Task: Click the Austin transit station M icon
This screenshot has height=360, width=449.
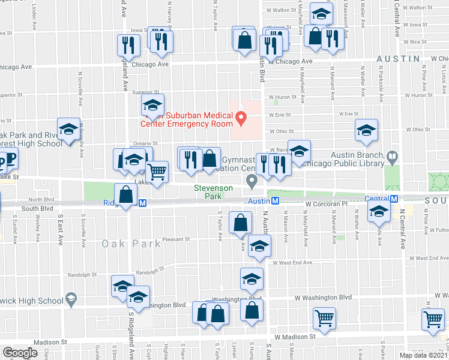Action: click(274, 201)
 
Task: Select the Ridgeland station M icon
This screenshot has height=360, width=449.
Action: click(143, 203)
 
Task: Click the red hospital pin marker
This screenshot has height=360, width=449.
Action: click(241, 117)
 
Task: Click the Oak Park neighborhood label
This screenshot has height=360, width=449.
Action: click(131, 244)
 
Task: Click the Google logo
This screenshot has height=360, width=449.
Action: click(20, 352)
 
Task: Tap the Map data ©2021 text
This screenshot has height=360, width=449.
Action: click(423, 355)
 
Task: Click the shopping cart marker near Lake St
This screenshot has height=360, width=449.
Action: click(157, 172)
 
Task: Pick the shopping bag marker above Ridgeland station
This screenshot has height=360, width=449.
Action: click(125, 196)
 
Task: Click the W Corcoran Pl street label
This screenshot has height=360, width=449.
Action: click(325, 204)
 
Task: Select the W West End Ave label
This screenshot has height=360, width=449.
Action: click(292, 263)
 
